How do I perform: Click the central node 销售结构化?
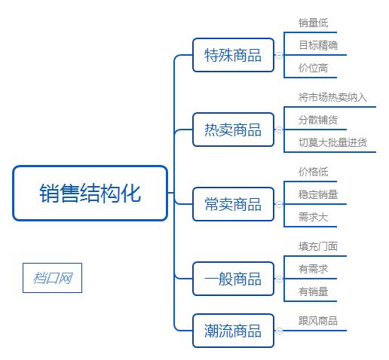tap(90, 194)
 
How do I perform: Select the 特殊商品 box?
tap(233, 55)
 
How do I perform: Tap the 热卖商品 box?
tap(233, 130)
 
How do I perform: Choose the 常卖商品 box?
tap(233, 204)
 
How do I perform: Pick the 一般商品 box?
tap(233, 279)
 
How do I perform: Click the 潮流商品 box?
tap(233, 331)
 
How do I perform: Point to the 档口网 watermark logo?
tap(52, 278)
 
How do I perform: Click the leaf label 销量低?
tap(313, 23)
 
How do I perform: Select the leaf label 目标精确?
tap(317, 45)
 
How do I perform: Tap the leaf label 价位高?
tap(313, 68)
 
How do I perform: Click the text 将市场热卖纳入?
tap(332, 97)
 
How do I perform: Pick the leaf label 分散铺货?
tap(317, 120)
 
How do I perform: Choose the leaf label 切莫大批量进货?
tap(332, 142)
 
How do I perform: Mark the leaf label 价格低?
tap(313, 172)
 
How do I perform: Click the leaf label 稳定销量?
tap(317, 194)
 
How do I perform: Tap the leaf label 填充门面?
tap(317, 246)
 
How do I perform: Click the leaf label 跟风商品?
tap(317, 321)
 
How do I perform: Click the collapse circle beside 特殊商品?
tap(279, 55)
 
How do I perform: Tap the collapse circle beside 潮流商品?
tap(279, 331)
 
